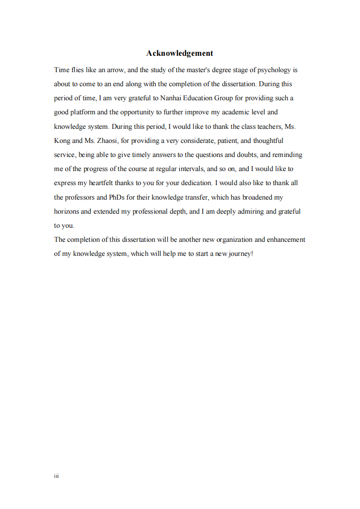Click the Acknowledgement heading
pyautogui.click(x=179, y=53)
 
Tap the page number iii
pyautogui.click(x=56, y=476)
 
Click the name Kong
pyautogui.click(x=62, y=141)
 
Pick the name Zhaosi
pyautogui.click(x=107, y=141)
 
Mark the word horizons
pyautogui.click(x=66, y=211)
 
